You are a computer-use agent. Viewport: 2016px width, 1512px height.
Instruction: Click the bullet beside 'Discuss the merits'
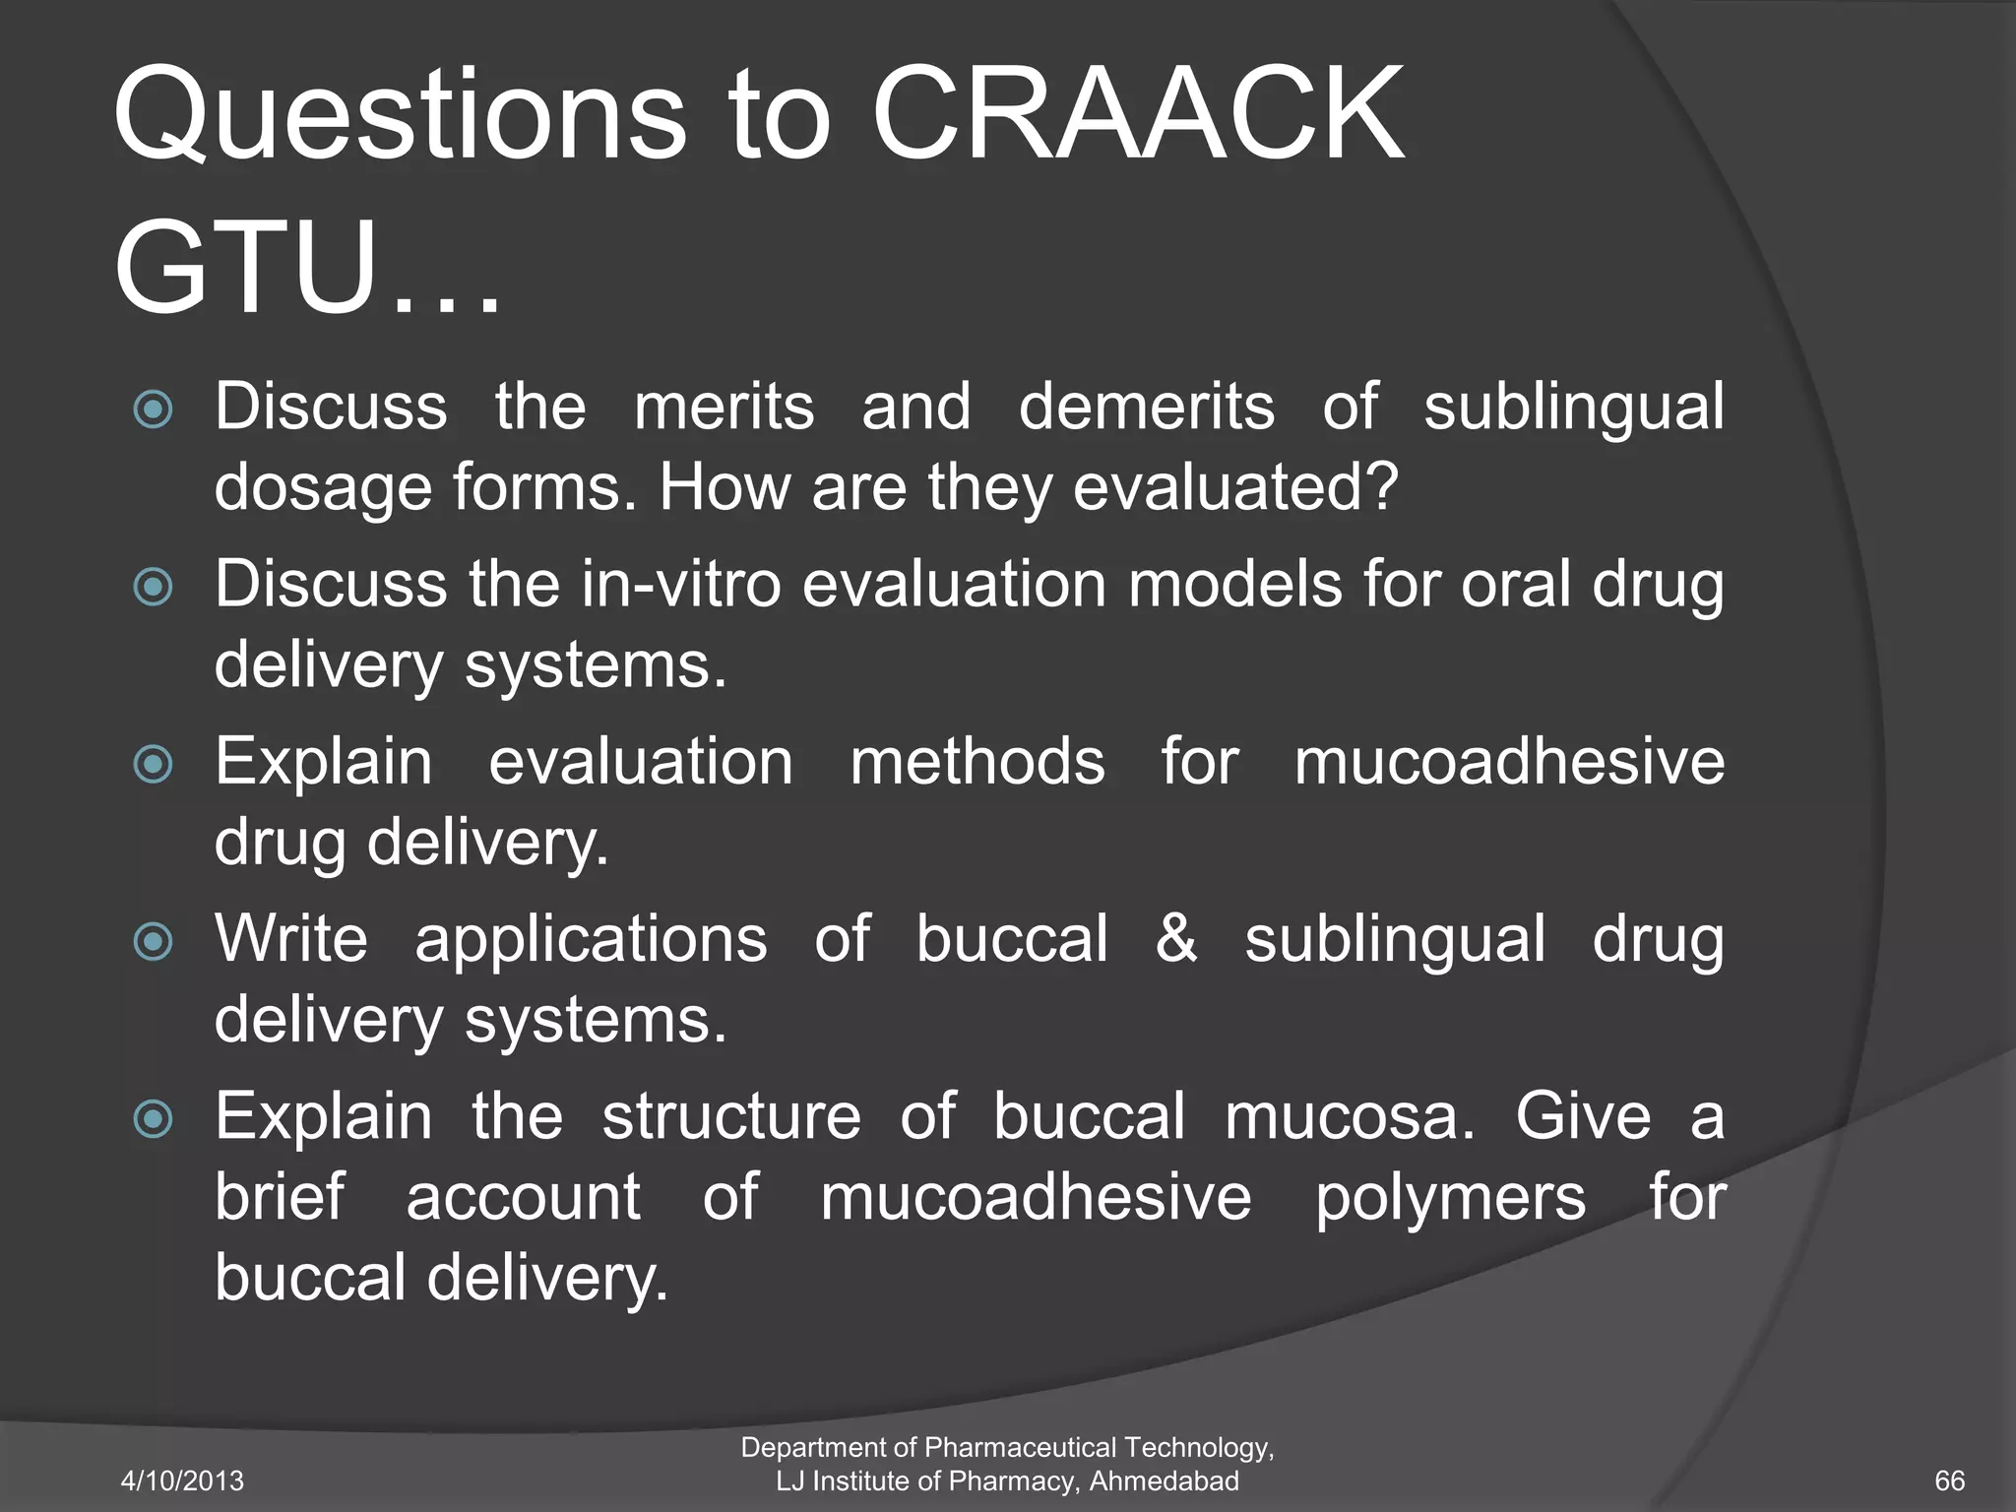[x=154, y=409]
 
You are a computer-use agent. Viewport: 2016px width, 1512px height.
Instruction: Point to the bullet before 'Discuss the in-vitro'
[x=154, y=587]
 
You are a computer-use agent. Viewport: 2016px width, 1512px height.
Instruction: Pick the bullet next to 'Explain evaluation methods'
[x=154, y=764]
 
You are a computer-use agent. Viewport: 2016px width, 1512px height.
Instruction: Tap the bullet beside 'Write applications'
[x=154, y=941]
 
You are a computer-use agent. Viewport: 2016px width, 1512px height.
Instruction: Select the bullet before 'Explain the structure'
[x=154, y=1119]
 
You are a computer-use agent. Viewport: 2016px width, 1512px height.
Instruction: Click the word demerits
[x=1146, y=407]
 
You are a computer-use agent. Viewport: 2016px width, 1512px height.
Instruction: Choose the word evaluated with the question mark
[x=1234, y=486]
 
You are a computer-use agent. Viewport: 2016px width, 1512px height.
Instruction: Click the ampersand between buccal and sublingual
[x=1176, y=938]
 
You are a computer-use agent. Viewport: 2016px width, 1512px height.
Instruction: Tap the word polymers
[x=1450, y=1198]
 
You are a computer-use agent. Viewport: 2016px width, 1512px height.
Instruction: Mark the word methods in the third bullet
[x=976, y=762]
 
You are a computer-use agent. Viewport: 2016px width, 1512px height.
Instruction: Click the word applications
[x=591, y=940]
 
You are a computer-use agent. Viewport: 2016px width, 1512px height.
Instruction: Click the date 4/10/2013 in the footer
[x=182, y=1480]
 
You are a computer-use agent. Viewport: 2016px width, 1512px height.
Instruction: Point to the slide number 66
[x=1949, y=1480]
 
